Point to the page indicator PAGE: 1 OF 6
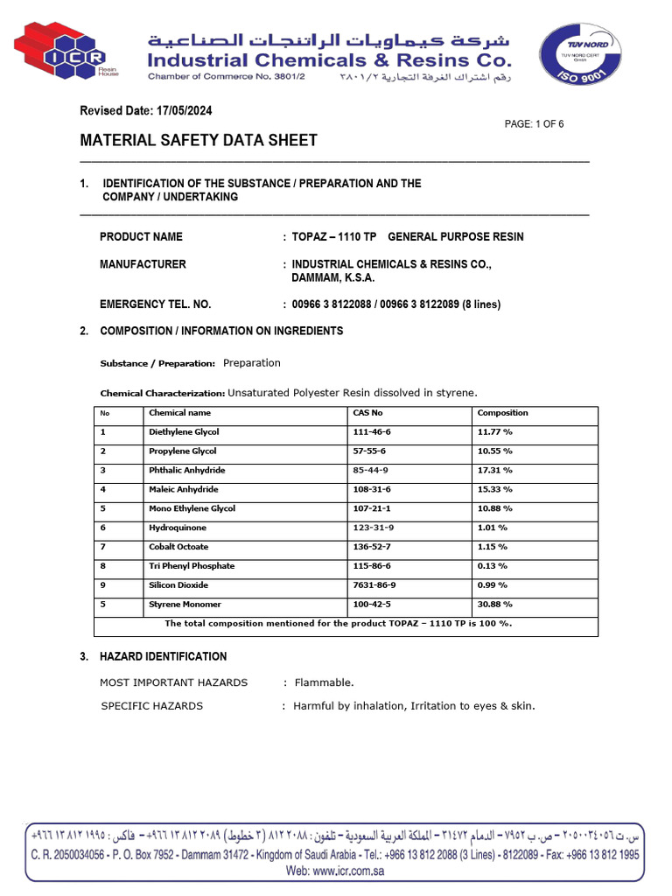(534, 124)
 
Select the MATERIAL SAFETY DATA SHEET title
(199, 141)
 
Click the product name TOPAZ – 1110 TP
(334, 237)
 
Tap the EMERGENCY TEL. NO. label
(155, 304)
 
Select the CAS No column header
(367, 413)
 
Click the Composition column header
(502, 413)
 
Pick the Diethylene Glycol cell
(184, 432)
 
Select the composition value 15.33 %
(494, 490)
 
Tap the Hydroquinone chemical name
(178, 528)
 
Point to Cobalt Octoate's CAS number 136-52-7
(372, 547)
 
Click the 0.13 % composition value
(493, 566)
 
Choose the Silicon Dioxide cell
(179, 585)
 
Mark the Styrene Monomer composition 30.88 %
(494, 605)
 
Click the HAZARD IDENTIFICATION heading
(164, 656)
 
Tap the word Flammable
(324, 682)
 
